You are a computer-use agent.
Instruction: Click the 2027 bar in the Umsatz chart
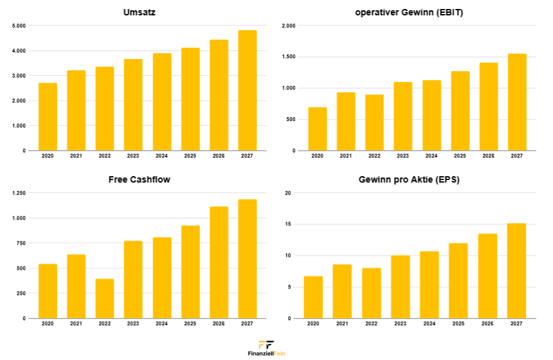tap(247, 90)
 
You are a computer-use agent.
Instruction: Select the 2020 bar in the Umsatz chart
tap(47, 117)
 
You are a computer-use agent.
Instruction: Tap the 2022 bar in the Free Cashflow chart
tap(104, 299)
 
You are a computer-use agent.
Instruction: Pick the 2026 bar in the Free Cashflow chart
tap(219, 262)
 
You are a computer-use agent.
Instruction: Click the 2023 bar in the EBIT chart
tap(402, 116)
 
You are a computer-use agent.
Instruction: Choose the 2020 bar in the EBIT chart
tap(317, 129)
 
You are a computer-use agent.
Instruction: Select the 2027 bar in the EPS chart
tap(516, 270)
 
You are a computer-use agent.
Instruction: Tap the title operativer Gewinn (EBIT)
tap(409, 12)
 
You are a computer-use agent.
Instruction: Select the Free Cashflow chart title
tap(139, 179)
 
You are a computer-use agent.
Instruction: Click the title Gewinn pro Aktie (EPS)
tap(409, 179)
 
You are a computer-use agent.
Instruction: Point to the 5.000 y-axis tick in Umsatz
tap(19, 26)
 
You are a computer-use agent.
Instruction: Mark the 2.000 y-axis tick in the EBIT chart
tap(288, 26)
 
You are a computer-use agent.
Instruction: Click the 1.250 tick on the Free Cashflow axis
tap(19, 193)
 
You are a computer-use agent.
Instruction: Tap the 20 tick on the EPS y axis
tap(288, 193)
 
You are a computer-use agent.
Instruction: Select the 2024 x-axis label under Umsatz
tap(161, 156)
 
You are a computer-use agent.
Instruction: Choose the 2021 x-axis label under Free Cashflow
tap(76, 324)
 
